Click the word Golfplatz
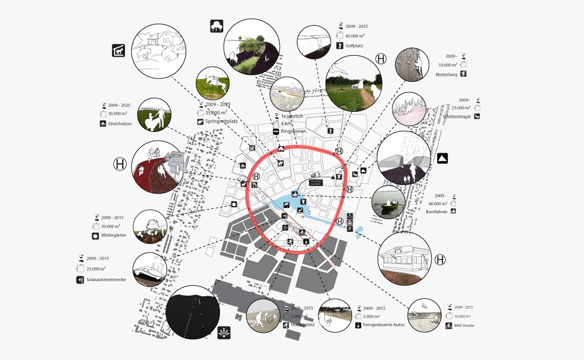354,46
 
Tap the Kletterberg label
446,74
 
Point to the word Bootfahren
437,211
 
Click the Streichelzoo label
120,124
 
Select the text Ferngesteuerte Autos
383,325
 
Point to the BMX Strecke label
465,326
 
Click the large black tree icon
217,26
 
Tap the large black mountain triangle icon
442,158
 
